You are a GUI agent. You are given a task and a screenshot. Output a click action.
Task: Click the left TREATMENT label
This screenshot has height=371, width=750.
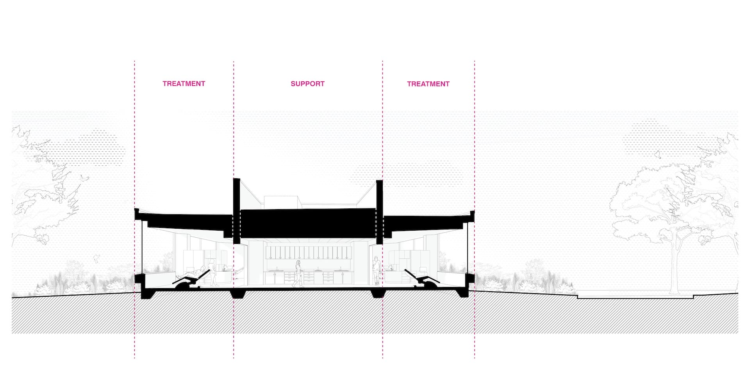point(184,84)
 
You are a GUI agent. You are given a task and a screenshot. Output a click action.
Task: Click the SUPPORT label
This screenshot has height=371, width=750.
point(307,84)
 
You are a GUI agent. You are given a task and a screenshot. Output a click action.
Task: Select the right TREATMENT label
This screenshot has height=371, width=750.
point(428,84)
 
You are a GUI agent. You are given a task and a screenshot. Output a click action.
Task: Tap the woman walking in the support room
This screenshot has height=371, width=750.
point(299,273)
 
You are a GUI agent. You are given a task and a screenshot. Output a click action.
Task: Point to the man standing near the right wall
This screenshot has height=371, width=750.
point(376,270)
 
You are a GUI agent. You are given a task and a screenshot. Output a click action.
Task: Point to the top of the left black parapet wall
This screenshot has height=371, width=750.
point(236,180)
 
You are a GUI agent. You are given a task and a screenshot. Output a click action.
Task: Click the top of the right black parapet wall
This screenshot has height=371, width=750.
point(379,182)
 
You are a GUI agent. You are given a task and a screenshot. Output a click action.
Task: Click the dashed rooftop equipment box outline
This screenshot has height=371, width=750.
point(281,202)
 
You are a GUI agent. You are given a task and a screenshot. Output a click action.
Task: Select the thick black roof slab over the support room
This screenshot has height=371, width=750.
point(307,223)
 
